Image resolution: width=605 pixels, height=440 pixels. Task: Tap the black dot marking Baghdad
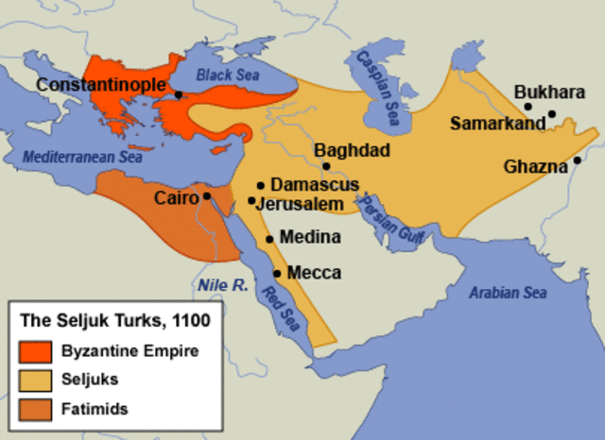[326, 166]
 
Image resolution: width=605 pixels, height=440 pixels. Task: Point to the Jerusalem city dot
[251, 200]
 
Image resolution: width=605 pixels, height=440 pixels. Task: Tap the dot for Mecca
[277, 273]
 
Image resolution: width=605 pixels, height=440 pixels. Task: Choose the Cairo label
[177, 197]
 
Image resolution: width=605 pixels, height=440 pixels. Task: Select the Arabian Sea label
[509, 293]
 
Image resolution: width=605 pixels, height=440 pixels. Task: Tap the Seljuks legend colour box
[33, 381]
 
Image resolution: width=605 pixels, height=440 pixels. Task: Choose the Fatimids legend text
[94, 409]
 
